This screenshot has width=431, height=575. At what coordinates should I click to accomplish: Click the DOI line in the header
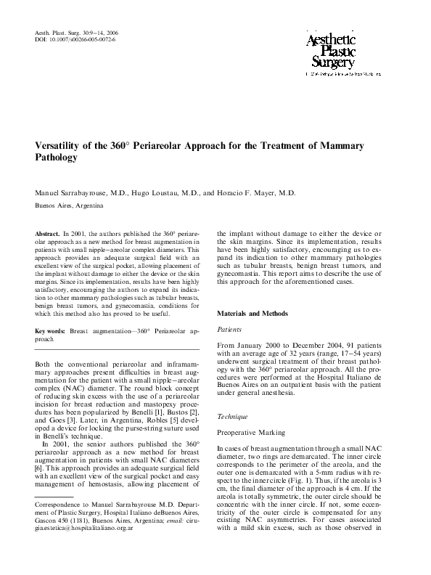click(75, 39)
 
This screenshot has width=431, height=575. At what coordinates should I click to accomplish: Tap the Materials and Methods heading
click(253, 314)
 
